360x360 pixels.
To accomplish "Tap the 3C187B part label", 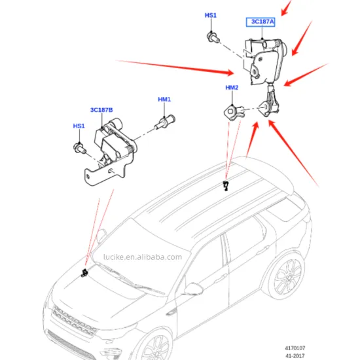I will (101, 110).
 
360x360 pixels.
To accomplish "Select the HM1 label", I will (164, 99).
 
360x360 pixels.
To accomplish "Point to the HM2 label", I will (232, 88).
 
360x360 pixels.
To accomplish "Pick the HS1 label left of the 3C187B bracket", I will (78, 126).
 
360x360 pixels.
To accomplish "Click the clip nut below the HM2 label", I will (234, 109).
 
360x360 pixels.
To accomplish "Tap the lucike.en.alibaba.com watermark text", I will (142, 257).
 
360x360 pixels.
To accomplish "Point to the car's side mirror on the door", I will (194, 289).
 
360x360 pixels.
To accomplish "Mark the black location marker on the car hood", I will (84, 272).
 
